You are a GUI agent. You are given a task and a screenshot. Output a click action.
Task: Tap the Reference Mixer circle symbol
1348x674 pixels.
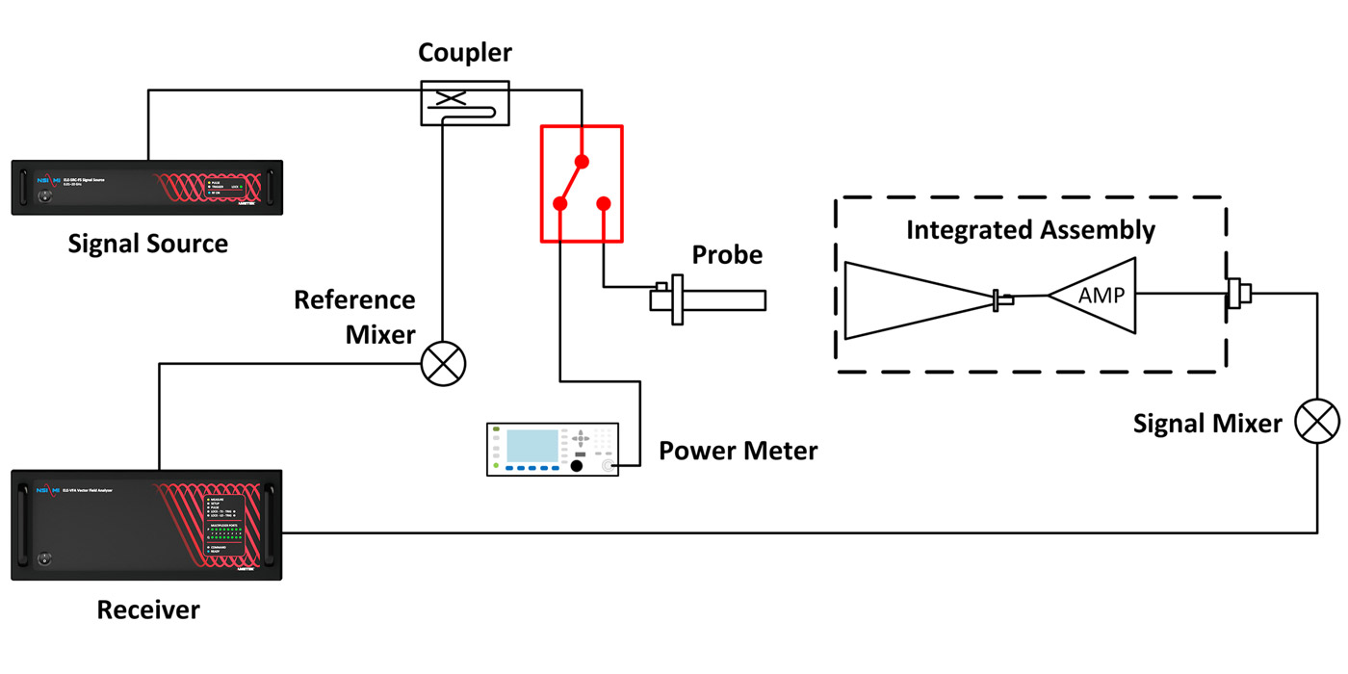(x=444, y=365)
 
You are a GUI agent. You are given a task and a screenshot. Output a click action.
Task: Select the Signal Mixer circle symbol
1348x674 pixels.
(x=1316, y=422)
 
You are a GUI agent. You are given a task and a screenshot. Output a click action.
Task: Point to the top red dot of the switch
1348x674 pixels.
(x=581, y=161)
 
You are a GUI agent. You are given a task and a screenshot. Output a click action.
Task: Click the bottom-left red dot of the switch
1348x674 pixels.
(x=558, y=203)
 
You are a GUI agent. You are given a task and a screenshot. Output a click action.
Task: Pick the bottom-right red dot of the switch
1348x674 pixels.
(x=604, y=203)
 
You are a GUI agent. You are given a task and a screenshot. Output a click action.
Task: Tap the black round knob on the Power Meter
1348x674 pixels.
(x=577, y=466)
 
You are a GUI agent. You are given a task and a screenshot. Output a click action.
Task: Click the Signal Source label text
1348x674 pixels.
(x=147, y=244)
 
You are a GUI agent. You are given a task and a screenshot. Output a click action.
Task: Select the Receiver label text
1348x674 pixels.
(x=148, y=609)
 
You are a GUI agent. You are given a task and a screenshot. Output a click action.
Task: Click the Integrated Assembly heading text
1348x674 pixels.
(x=1030, y=230)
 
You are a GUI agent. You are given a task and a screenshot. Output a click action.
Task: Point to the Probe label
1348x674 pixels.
(x=727, y=255)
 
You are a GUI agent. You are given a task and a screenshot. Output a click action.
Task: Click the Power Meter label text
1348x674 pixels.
(x=738, y=450)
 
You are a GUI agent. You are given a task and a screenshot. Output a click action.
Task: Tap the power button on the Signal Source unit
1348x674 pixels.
(x=39, y=198)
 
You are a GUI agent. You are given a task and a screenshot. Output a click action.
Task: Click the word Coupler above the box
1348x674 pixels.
(x=465, y=54)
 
